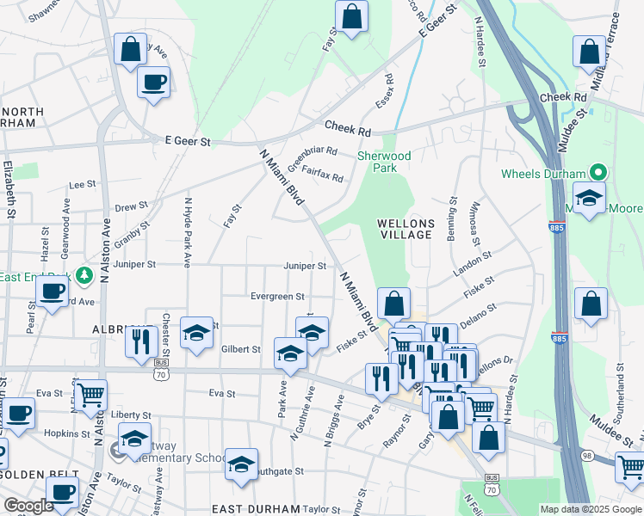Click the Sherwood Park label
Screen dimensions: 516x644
coord(384,162)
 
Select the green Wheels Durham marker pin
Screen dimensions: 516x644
coord(595,174)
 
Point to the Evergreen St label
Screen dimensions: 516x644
coord(277,296)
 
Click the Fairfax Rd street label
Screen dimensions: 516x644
coord(322,175)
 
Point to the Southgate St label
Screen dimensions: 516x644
coord(281,471)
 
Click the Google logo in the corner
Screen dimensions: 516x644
coord(28,506)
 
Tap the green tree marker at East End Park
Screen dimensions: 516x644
coord(84,275)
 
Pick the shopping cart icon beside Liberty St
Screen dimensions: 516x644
coord(90,396)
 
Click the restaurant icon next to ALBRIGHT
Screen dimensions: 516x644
coord(138,341)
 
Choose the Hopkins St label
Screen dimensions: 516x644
coord(66,434)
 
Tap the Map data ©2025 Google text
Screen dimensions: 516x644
coord(591,509)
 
